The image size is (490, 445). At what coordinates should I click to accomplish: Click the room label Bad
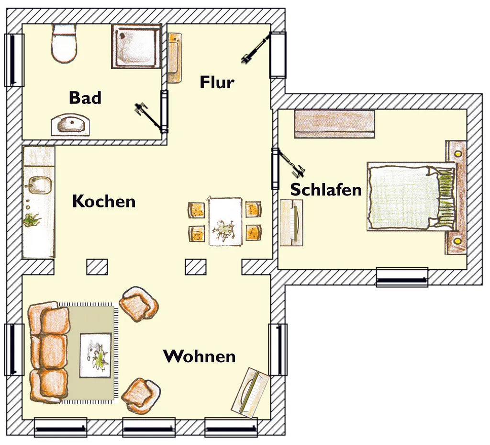[85, 98]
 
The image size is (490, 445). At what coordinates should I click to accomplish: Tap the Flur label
[217, 82]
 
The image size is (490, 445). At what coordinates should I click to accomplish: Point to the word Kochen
[104, 201]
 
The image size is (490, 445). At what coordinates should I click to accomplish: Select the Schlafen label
[326, 190]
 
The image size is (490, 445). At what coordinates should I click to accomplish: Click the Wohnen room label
[199, 356]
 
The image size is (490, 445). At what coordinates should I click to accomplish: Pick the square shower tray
[136, 46]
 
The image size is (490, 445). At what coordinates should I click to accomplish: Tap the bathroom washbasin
[71, 125]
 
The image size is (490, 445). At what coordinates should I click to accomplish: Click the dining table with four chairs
[225, 221]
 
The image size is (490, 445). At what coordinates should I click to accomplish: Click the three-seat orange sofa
[49, 352]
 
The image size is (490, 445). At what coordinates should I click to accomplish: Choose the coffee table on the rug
[96, 355]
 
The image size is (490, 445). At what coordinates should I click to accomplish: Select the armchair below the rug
[141, 396]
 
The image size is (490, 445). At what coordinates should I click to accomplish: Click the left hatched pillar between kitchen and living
[97, 267]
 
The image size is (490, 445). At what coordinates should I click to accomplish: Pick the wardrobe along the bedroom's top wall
[334, 124]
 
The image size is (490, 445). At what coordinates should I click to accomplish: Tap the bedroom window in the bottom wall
[402, 277]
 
